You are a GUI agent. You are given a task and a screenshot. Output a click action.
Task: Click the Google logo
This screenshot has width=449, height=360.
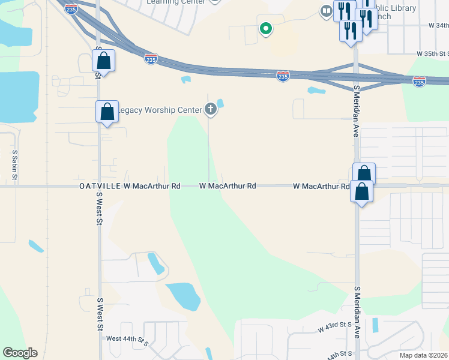[x=20, y=353]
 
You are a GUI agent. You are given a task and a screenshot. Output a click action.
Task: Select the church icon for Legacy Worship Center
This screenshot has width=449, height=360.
[x=210, y=109]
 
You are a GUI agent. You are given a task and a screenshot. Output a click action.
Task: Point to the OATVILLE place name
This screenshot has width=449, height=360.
[x=100, y=187]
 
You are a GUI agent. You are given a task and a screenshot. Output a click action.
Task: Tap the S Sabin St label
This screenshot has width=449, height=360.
[x=15, y=166]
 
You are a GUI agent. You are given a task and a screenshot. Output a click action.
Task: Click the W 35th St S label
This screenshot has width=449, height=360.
[x=433, y=53]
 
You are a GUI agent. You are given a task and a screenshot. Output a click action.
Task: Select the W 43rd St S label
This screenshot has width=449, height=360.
[x=334, y=327]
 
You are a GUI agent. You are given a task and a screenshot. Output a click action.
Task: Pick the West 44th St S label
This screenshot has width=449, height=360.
[x=127, y=339]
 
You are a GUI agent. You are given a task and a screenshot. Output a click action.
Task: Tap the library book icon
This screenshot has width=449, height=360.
[x=326, y=10]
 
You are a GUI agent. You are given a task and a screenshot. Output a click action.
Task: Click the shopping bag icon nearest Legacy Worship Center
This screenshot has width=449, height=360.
[x=107, y=112]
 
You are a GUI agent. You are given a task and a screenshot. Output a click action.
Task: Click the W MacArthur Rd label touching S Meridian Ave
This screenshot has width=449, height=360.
[x=321, y=187]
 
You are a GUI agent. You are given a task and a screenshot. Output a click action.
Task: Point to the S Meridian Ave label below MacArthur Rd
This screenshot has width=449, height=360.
[x=357, y=312]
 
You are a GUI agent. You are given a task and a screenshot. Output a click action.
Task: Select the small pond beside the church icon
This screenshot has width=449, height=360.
[x=220, y=103]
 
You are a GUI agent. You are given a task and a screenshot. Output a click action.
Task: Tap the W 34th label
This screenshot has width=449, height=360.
[x=438, y=26]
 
